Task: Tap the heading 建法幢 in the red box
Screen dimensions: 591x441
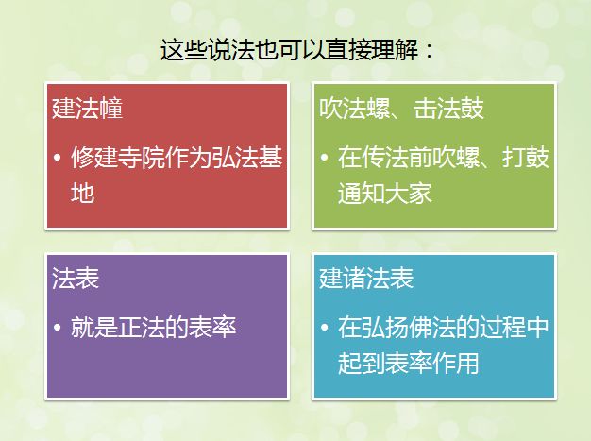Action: click(x=88, y=109)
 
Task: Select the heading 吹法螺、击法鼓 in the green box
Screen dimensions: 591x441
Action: click(x=401, y=109)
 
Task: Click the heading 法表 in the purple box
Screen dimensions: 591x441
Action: click(x=76, y=279)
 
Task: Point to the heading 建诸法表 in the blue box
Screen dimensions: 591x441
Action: click(x=366, y=279)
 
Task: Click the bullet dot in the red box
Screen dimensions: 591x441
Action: click(x=58, y=157)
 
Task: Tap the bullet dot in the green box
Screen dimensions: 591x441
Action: click(x=324, y=157)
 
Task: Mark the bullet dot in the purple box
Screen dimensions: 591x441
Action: click(x=58, y=327)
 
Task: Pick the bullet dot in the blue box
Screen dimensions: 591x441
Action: click(x=324, y=327)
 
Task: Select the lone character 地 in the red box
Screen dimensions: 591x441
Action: click(x=82, y=193)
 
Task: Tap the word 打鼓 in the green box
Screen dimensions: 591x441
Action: click(x=526, y=157)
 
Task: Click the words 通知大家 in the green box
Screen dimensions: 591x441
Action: click(x=384, y=193)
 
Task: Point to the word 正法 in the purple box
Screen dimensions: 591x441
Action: click(x=142, y=327)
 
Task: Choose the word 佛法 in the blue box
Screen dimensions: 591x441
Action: click(x=431, y=327)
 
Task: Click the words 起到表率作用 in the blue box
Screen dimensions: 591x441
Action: click(x=408, y=363)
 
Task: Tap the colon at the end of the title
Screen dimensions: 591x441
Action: click(x=429, y=51)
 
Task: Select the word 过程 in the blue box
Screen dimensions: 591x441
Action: click(x=502, y=327)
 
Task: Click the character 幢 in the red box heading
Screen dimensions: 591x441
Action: click(x=111, y=109)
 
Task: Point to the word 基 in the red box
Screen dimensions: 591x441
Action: click(x=271, y=157)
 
